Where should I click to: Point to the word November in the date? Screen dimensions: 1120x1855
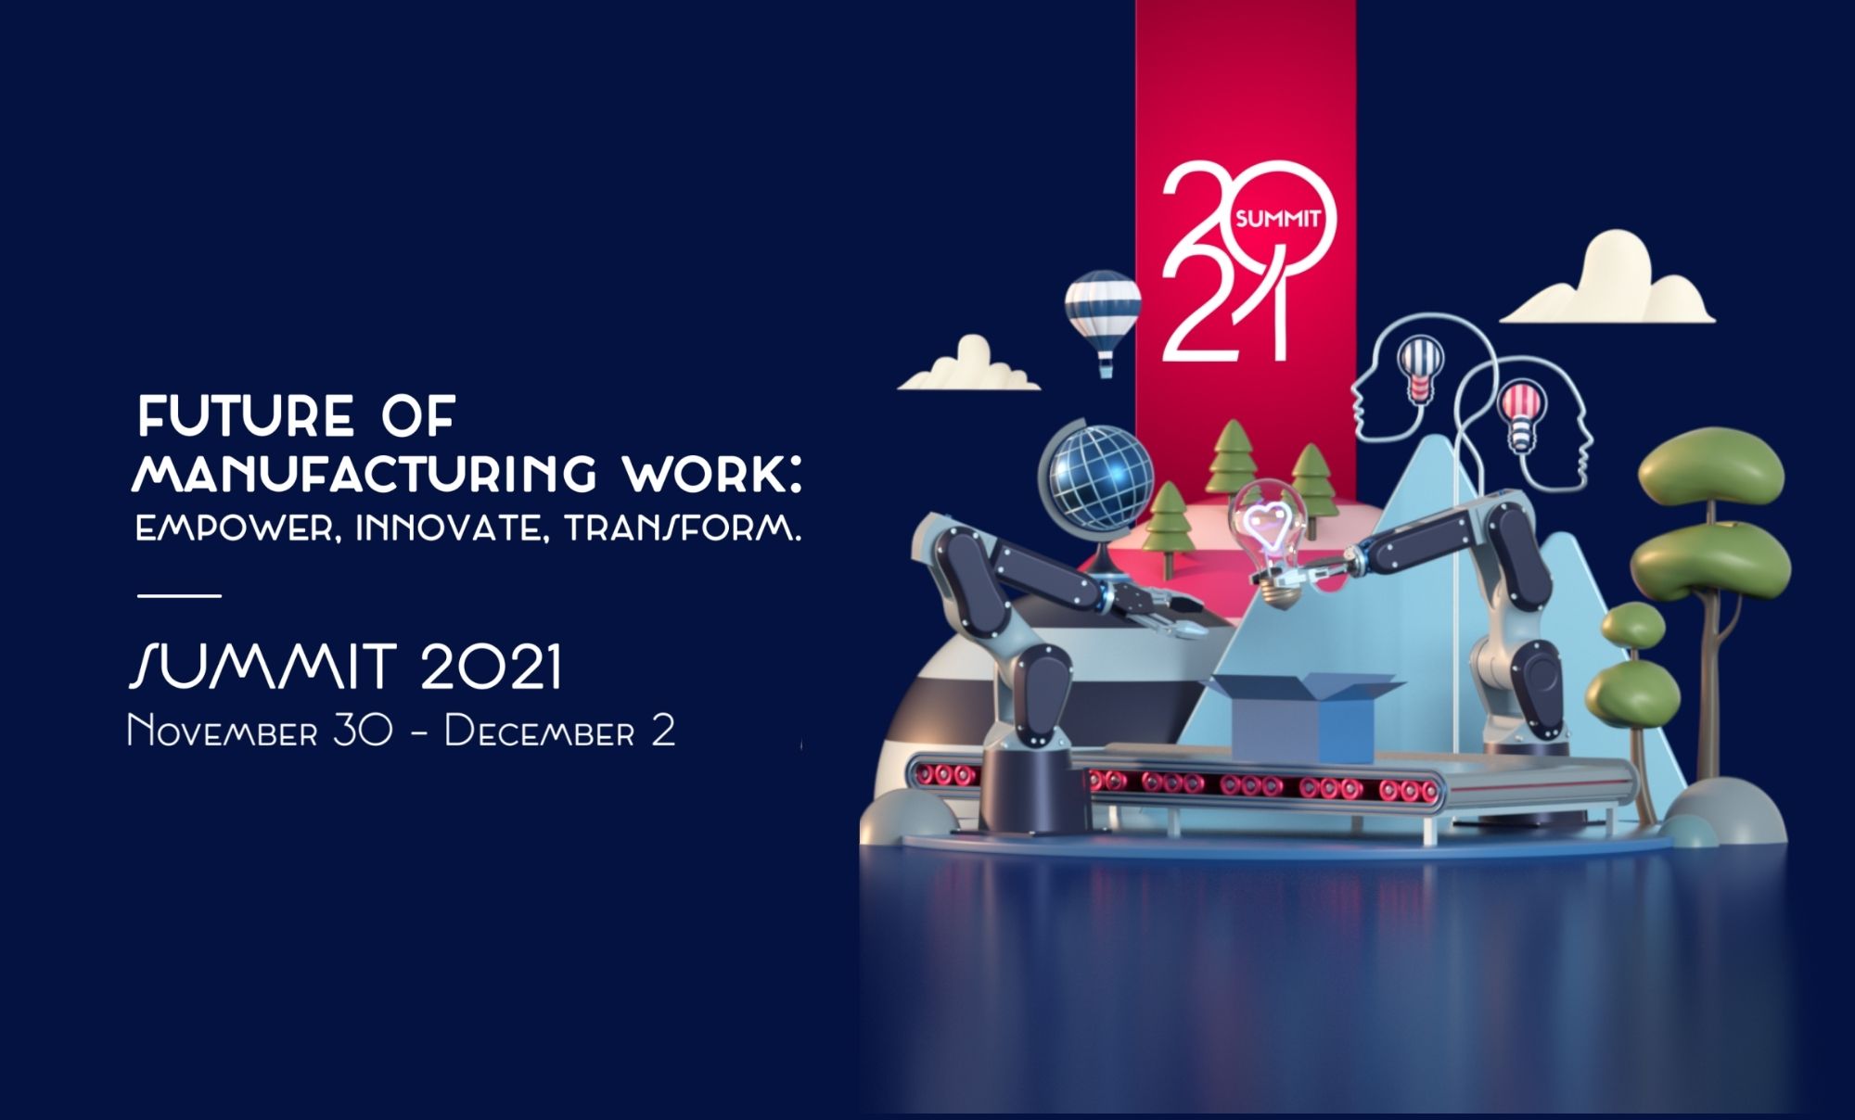[x=223, y=731]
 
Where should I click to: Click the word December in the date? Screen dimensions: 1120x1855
[x=540, y=731]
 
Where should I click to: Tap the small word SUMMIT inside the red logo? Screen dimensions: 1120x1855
[x=1277, y=220]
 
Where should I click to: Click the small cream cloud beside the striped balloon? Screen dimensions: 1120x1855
[x=969, y=365]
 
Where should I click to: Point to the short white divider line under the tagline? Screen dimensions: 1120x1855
[x=179, y=595]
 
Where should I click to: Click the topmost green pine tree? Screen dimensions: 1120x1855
[x=1232, y=454]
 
